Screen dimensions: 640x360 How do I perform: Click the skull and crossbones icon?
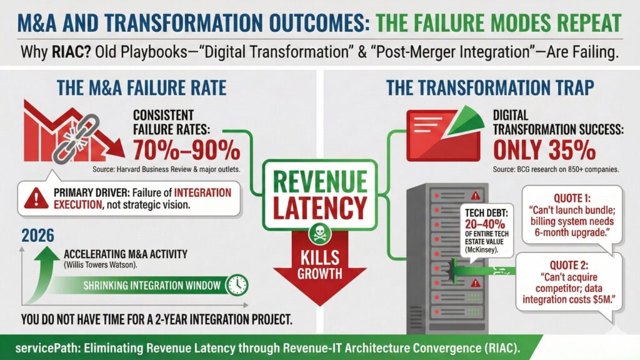[319, 234]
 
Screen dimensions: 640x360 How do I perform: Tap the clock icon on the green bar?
[237, 285]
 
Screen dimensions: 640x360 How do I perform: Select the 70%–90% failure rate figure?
[186, 150]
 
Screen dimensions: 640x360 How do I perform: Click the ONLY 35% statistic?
[544, 150]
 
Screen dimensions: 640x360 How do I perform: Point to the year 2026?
[37, 236]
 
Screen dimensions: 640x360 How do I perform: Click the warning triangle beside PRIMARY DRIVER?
[36, 198]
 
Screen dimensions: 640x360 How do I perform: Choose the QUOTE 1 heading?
[572, 199]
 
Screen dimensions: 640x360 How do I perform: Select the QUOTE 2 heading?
[569, 265]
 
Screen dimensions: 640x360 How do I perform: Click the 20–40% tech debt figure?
[485, 224]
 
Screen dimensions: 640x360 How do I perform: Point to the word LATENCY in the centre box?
[320, 207]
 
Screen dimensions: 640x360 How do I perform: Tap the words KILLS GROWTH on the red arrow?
[319, 265]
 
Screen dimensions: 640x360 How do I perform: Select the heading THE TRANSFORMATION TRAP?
[490, 87]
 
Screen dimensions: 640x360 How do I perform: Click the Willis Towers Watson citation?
[101, 265]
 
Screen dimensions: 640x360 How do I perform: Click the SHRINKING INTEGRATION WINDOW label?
[152, 285]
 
